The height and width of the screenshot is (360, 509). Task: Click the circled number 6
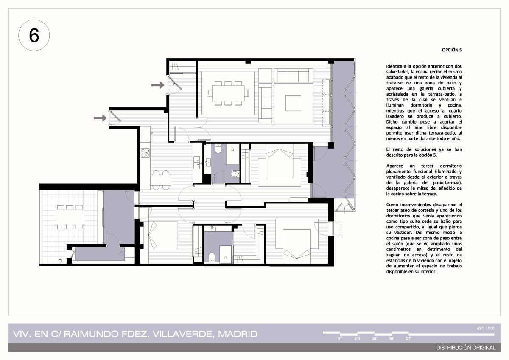(x=34, y=35)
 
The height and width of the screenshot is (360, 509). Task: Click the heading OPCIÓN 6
(x=452, y=50)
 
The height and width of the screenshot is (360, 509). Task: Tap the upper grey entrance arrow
(x=158, y=85)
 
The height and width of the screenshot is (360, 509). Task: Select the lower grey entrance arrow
(x=100, y=118)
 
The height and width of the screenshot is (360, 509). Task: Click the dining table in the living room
(x=228, y=93)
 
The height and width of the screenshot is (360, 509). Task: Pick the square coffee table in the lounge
(x=293, y=103)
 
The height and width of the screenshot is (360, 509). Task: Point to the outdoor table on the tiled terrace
(x=70, y=217)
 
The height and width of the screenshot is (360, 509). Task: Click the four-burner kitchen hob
(x=145, y=152)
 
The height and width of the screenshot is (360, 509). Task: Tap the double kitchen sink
(x=196, y=162)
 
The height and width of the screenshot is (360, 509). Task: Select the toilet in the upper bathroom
(x=218, y=149)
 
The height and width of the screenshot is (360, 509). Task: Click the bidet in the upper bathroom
(x=235, y=174)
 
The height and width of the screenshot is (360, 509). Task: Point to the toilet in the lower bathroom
(x=212, y=257)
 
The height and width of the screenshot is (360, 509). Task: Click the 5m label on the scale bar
(x=408, y=338)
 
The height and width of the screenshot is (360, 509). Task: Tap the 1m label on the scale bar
(x=340, y=338)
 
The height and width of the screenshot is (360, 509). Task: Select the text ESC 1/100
(x=486, y=329)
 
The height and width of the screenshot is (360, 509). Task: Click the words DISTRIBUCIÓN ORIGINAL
(x=466, y=348)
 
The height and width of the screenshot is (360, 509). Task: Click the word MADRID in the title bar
(x=238, y=334)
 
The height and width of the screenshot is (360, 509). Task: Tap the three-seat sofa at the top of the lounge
(x=293, y=75)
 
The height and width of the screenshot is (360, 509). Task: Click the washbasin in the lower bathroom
(x=212, y=228)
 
